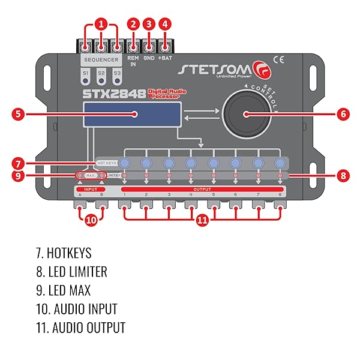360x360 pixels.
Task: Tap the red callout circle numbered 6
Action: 343,113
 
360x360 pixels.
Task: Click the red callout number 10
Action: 91,220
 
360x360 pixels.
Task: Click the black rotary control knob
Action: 245,114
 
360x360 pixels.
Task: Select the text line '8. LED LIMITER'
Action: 71,272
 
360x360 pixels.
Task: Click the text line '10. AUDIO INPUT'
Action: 76,309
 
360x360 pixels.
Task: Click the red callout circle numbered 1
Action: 101,25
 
